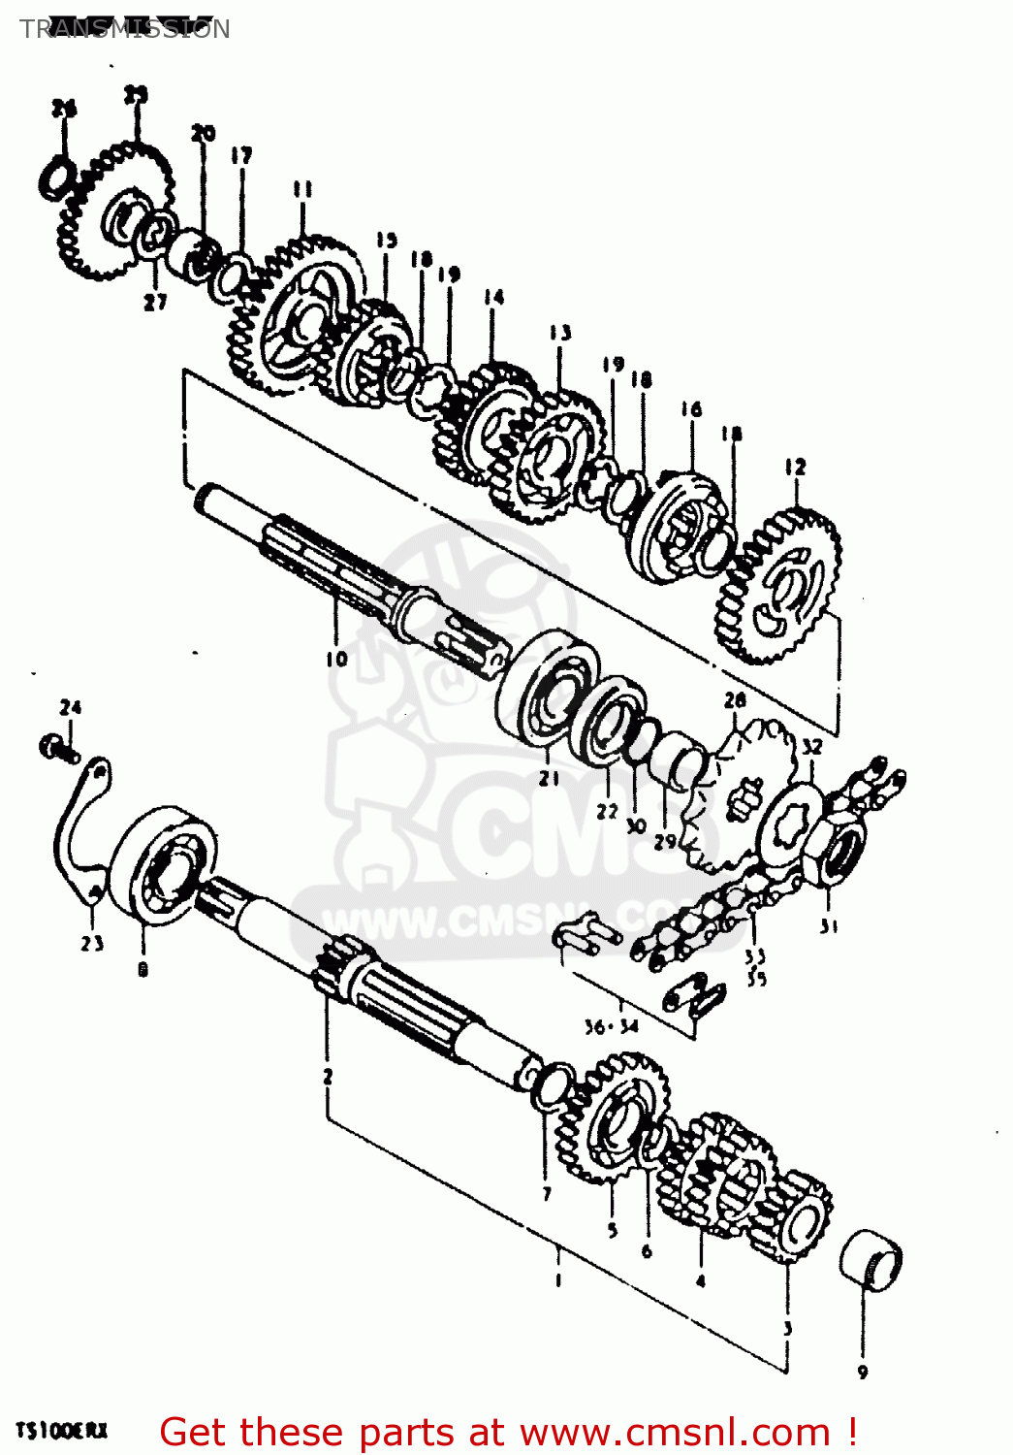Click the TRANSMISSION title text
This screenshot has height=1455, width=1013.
point(125,29)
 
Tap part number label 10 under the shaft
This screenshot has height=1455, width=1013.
point(335,659)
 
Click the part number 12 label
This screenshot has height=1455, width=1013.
point(795,467)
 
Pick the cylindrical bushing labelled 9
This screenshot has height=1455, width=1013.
point(870,1258)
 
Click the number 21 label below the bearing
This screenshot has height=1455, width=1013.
point(549,778)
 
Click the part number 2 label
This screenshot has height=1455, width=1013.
point(328,1075)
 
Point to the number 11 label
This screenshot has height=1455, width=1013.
point(302,189)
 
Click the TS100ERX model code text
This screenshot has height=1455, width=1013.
point(61,1431)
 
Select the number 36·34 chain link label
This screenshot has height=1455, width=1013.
point(611,1026)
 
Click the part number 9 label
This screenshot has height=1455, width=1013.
point(862,1372)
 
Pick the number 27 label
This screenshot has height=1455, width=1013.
point(155,303)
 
